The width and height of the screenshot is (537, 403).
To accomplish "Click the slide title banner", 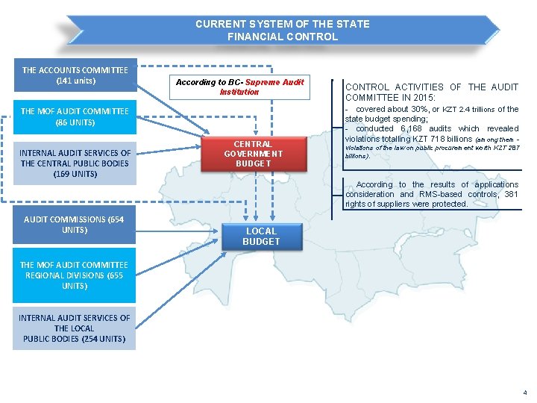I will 282,30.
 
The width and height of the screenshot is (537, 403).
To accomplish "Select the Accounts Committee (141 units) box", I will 75,75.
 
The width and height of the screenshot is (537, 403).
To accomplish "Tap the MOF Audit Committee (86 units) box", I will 75,116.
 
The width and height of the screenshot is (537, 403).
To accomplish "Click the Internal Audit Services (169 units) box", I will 75,163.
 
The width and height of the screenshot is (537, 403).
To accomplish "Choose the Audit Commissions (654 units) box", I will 75,225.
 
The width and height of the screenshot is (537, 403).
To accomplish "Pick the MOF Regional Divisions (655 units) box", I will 75,275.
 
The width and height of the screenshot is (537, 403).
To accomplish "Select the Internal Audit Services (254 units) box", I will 75,328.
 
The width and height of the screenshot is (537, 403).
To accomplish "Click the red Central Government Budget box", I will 253,154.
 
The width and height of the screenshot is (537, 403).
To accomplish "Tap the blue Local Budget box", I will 261,237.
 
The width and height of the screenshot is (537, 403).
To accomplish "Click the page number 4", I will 524,393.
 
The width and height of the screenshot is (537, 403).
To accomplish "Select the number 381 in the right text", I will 511,194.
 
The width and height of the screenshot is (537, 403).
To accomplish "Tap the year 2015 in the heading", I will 453,98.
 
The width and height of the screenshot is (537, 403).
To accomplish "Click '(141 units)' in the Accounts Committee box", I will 75,81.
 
